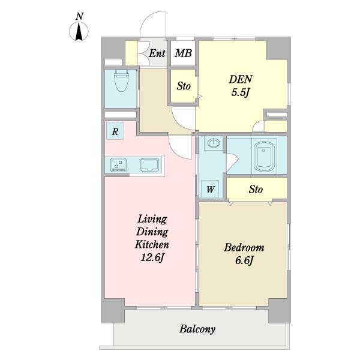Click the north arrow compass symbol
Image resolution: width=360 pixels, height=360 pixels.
tap(79, 31)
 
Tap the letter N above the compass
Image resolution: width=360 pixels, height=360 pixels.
tap(79, 16)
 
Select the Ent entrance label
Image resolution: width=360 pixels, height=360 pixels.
tap(157, 53)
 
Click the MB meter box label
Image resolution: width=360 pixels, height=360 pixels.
tap(183, 53)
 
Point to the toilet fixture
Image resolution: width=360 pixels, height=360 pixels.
tap(121, 80)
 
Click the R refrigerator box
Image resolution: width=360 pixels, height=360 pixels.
tap(115, 131)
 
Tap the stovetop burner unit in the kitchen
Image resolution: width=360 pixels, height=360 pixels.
tap(118, 164)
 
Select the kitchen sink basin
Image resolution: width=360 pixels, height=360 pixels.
tap(149, 164)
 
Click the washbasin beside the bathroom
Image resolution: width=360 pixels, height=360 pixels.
tap(214, 143)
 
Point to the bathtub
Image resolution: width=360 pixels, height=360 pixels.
tap(263, 156)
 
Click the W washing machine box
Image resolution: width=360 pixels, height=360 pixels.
tap(210, 189)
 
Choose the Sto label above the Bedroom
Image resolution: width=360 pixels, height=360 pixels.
tap(256, 189)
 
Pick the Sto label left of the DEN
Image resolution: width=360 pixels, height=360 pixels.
tap(184, 86)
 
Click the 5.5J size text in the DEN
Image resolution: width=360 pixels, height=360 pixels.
tap(241, 93)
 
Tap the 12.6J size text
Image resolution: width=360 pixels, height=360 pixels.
tap(152, 257)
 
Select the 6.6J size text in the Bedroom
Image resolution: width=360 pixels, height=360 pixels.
tap(244, 260)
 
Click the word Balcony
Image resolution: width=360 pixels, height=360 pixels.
tap(197, 329)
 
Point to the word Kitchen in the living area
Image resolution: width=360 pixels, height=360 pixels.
tap(152, 244)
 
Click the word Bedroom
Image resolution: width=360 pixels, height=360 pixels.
tap(244, 247)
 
